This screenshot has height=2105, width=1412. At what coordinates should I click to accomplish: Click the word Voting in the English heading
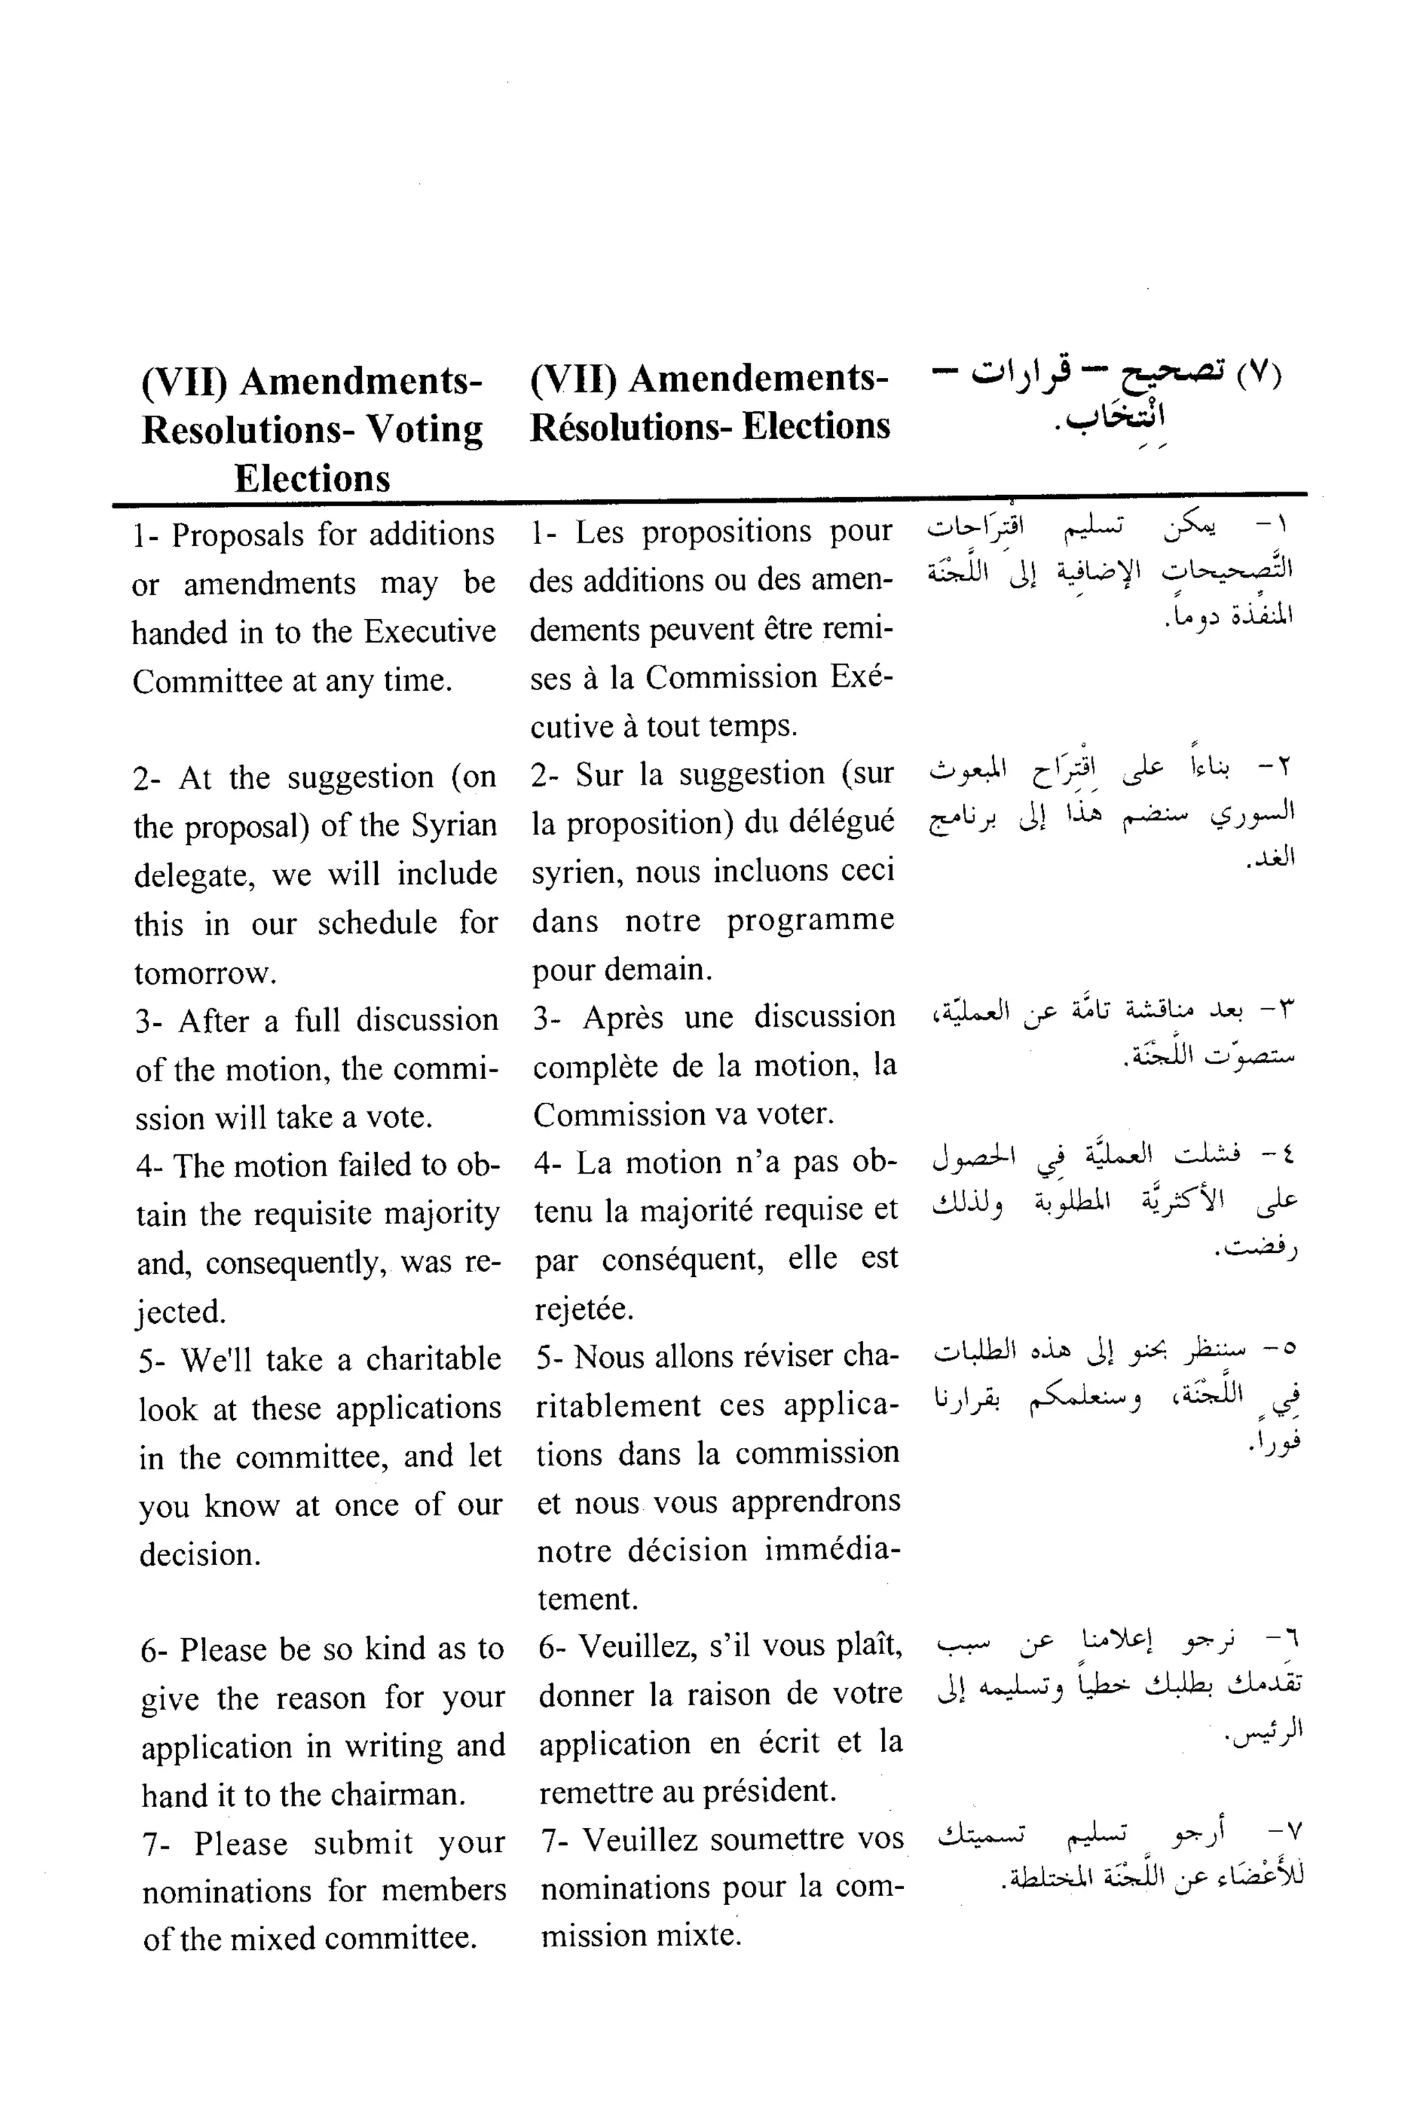click(x=427, y=430)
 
